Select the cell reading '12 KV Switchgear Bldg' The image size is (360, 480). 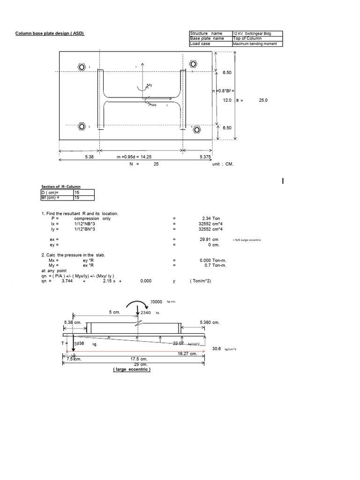(x=258, y=34)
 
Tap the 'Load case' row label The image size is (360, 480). (x=201, y=44)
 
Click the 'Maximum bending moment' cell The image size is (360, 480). (x=258, y=44)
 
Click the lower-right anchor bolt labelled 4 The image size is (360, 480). (x=197, y=129)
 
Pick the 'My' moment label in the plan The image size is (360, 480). (x=150, y=85)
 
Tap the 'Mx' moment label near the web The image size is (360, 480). (x=153, y=105)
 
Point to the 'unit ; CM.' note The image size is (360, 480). (x=223, y=165)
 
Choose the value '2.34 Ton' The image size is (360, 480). (x=208, y=218)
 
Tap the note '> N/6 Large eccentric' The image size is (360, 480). (x=247, y=240)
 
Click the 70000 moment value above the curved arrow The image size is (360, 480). (x=156, y=303)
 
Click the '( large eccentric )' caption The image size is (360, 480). (x=131, y=369)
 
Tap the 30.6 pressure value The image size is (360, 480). (x=217, y=349)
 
